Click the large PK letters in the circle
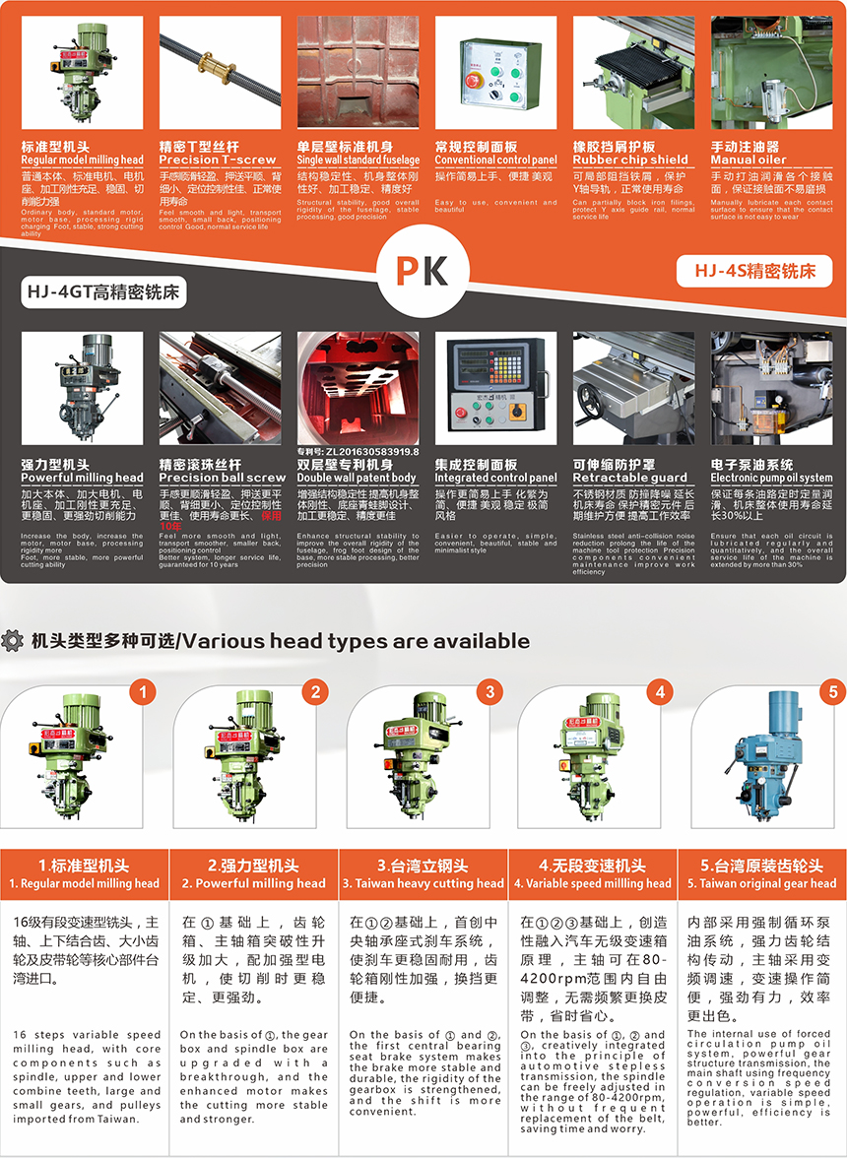[x=423, y=270]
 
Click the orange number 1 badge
[x=144, y=692]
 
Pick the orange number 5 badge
[x=833, y=692]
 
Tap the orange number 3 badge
[x=489, y=692]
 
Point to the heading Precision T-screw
[x=218, y=160]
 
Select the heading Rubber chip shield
[x=630, y=160]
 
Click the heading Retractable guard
[x=630, y=478]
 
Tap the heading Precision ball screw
[x=223, y=478]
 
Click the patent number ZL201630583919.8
[x=358, y=451]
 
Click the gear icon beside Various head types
[x=14, y=641]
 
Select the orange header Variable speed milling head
[x=592, y=883]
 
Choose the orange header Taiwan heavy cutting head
[x=423, y=883]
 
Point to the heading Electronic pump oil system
[x=771, y=478]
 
